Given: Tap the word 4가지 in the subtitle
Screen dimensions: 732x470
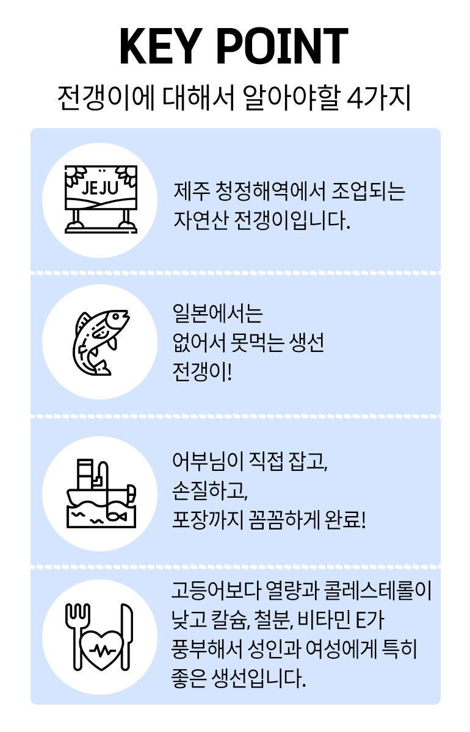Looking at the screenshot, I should [378, 98].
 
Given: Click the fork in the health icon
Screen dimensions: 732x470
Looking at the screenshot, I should [77, 628].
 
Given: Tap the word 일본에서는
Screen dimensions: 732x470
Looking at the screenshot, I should [217, 315].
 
